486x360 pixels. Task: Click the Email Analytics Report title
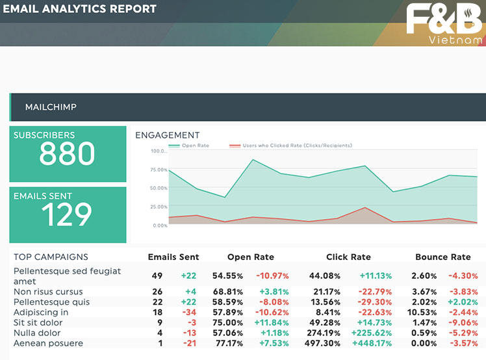click(x=80, y=8)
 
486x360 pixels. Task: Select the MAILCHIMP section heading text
click(x=51, y=107)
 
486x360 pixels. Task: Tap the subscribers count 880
click(x=67, y=153)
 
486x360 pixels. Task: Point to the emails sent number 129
click(x=67, y=214)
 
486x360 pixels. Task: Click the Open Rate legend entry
click(x=189, y=146)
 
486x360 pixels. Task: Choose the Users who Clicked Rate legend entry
click(x=290, y=146)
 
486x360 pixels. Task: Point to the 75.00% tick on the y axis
click(x=159, y=170)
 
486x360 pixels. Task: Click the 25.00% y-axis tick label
click(x=159, y=207)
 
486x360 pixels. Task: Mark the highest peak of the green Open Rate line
click(x=253, y=160)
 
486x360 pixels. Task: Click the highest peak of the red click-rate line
click(x=365, y=207)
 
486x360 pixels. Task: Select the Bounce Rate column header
click(x=443, y=257)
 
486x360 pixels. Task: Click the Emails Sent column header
click(x=173, y=257)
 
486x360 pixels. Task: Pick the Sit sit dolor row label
click(x=38, y=322)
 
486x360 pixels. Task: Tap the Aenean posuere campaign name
click(x=48, y=343)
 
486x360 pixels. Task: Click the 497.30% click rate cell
click(x=322, y=343)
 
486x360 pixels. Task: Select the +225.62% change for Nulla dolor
click(x=371, y=333)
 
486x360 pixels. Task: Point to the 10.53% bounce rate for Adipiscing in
click(x=422, y=313)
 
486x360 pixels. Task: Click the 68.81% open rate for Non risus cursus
click(x=228, y=292)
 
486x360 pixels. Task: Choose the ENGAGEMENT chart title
click(x=168, y=135)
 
